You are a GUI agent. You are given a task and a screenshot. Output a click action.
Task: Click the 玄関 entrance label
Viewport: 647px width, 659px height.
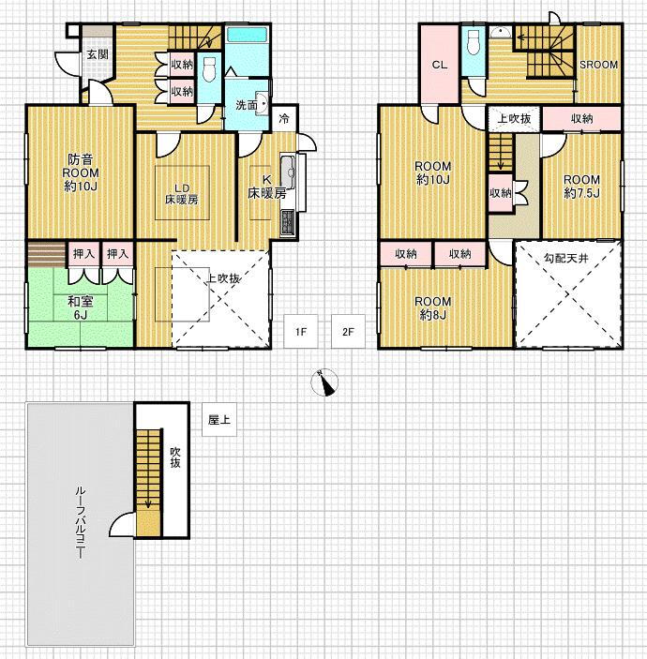98,54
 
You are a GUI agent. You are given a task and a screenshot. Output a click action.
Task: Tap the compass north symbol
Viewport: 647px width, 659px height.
324,382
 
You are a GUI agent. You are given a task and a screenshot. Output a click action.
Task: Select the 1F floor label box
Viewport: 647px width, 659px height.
301,332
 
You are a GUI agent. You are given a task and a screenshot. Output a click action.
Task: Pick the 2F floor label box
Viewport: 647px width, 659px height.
348,332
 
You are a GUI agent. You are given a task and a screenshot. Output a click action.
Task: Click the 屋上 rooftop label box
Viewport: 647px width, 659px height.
219,419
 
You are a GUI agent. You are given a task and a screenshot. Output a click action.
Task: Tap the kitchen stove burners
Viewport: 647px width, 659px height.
289,223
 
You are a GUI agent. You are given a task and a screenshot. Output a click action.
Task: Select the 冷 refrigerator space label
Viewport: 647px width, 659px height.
284,118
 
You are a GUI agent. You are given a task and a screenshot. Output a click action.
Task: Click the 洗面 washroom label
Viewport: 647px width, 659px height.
247,105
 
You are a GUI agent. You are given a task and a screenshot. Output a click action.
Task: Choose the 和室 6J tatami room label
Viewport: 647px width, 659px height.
81,307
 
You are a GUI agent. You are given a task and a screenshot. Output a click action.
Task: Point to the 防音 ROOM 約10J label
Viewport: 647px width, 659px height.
81,172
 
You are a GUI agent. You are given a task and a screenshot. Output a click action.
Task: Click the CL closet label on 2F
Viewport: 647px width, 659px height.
440,65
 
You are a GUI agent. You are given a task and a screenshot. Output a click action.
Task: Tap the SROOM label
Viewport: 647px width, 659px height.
598,65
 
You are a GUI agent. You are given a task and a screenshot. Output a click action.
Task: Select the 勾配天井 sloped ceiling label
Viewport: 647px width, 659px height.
565,258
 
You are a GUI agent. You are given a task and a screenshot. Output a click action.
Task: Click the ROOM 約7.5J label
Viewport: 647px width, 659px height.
582,187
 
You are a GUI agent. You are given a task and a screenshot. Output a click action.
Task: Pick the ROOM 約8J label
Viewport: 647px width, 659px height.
433,308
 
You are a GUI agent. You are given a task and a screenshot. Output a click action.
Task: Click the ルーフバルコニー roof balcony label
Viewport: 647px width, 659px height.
80,522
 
